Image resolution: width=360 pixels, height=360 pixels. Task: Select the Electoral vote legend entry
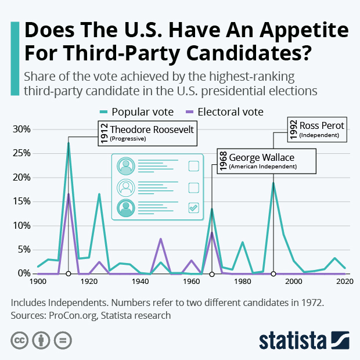[x=230, y=111]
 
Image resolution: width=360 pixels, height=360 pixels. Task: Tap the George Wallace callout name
[x=261, y=157]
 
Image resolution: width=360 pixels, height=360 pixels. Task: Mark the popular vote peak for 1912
[x=69, y=143]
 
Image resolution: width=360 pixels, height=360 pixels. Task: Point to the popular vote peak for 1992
[x=273, y=183]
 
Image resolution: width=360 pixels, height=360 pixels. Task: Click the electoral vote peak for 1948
[x=161, y=239]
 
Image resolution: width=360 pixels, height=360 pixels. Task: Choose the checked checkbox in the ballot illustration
[x=194, y=207]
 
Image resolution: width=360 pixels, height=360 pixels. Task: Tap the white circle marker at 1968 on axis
[x=212, y=273]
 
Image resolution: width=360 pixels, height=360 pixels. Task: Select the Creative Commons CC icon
[x=20, y=340]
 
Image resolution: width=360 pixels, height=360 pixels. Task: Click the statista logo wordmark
[x=293, y=340]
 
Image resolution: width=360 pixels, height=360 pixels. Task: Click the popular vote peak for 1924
[x=99, y=194]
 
